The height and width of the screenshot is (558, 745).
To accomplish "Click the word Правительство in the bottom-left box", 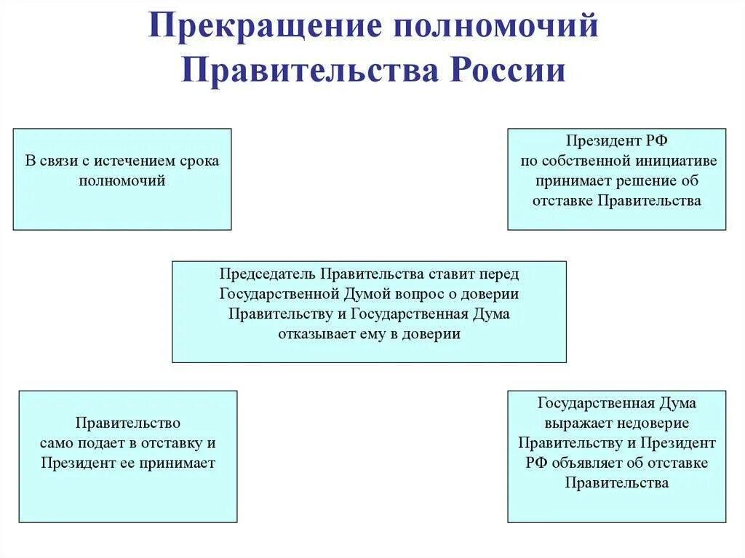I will tap(128, 423).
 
